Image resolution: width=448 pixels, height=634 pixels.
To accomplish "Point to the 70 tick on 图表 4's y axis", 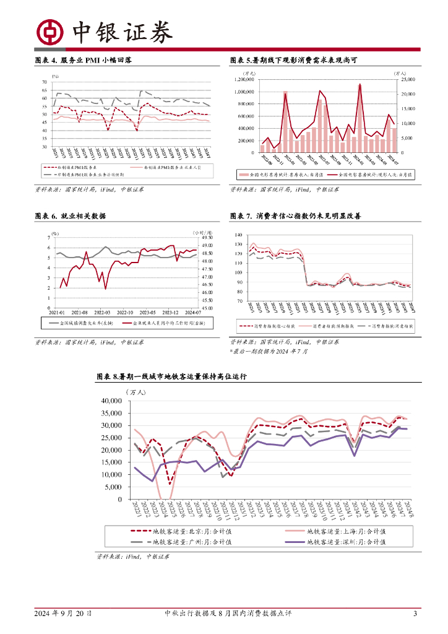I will coord(43,82).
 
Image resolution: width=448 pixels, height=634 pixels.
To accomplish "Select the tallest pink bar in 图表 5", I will coord(360,118).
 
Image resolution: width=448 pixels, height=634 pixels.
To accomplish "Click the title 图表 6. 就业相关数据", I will coord(70,216).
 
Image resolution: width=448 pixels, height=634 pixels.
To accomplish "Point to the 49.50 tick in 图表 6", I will coord(207,238).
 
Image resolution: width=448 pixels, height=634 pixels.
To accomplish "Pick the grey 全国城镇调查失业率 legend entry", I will coord(79,323).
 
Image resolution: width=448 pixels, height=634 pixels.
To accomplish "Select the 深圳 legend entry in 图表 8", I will coord(346,542).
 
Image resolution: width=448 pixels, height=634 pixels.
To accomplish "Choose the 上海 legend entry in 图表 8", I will coord(346,531).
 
